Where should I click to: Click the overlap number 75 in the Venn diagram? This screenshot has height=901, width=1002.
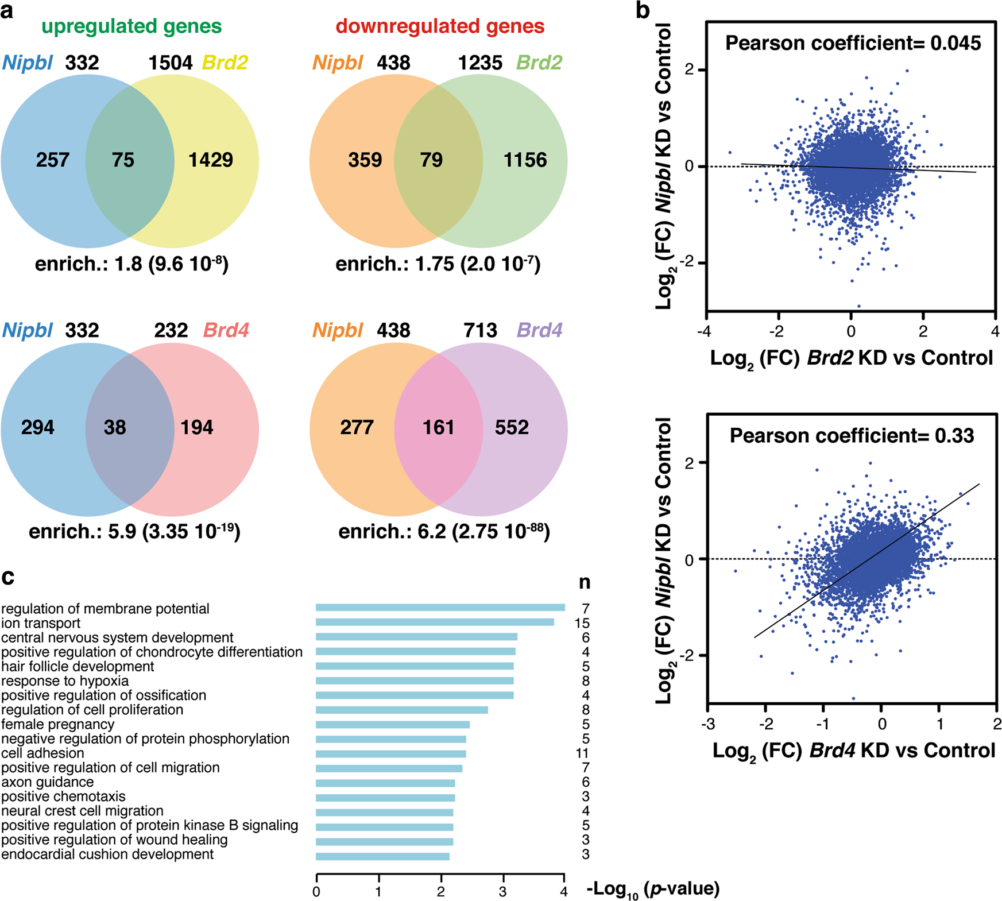pyautogui.click(x=123, y=160)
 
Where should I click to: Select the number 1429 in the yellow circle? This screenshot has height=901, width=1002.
pyautogui.click(x=211, y=160)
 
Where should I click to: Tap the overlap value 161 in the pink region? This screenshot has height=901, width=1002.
pyautogui.click(x=439, y=427)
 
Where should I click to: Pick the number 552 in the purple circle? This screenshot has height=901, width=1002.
pyautogui.click(x=512, y=427)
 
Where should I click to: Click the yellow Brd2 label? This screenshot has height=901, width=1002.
pyautogui.click(x=225, y=63)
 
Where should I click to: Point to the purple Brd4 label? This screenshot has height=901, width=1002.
pyautogui.click(x=539, y=330)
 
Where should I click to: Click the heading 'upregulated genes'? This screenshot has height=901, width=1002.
pyautogui.click(x=131, y=26)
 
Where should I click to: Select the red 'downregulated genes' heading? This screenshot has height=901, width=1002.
pyautogui.click(x=440, y=26)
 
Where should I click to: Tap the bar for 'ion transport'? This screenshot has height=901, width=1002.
pyautogui.click(x=435, y=622)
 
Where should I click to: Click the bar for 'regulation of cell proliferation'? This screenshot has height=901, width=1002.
pyautogui.click(x=402, y=710)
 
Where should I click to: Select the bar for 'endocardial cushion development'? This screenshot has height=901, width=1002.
pyautogui.click(x=382, y=856)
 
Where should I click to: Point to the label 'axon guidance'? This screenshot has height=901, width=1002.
pyautogui.click(x=48, y=782)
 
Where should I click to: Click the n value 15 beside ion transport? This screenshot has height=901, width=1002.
pyautogui.click(x=582, y=624)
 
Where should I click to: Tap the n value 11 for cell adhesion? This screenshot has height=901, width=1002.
pyautogui.click(x=582, y=753)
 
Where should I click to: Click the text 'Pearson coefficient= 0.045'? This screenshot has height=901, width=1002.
pyautogui.click(x=853, y=43)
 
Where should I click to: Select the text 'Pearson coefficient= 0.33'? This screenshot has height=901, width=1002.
pyautogui.click(x=852, y=436)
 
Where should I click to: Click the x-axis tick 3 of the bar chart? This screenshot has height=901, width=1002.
pyautogui.click(x=503, y=892)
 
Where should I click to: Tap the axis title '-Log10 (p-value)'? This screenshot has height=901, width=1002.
pyautogui.click(x=653, y=890)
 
